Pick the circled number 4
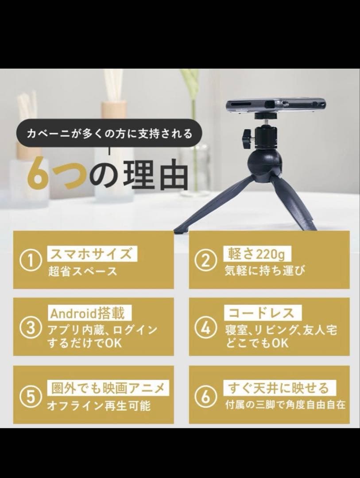click(205, 328)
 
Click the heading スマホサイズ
click(92, 254)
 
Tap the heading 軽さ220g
click(255, 254)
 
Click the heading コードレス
click(261, 313)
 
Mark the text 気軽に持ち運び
click(264, 271)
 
